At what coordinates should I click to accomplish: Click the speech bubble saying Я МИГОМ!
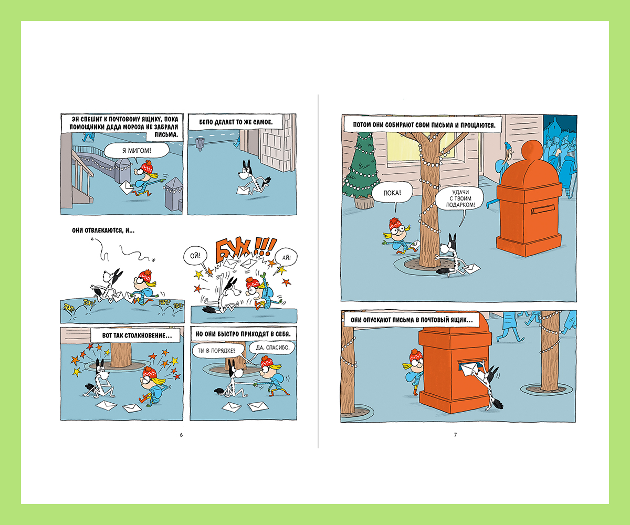tap(136, 150)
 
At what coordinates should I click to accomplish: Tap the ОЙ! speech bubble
tap(195, 256)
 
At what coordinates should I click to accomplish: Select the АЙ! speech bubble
tap(286, 257)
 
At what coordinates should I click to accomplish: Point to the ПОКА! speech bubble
tap(392, 193)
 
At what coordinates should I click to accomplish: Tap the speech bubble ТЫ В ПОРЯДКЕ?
tap(216, 351)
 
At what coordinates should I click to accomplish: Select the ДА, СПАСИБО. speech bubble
tap(272, 348)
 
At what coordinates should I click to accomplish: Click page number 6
tap(181, 435)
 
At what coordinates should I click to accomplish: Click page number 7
tap(455, 435)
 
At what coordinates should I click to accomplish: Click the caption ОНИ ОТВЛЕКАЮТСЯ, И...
tap(103, 230)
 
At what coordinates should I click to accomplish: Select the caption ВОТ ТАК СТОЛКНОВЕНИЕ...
tap(137, 335)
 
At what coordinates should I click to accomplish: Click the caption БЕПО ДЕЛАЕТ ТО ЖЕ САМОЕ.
tap(236, 122)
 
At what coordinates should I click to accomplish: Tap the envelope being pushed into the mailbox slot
tap(469, 369)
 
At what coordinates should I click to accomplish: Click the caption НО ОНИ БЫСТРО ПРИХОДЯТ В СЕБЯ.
tap(243, 334)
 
